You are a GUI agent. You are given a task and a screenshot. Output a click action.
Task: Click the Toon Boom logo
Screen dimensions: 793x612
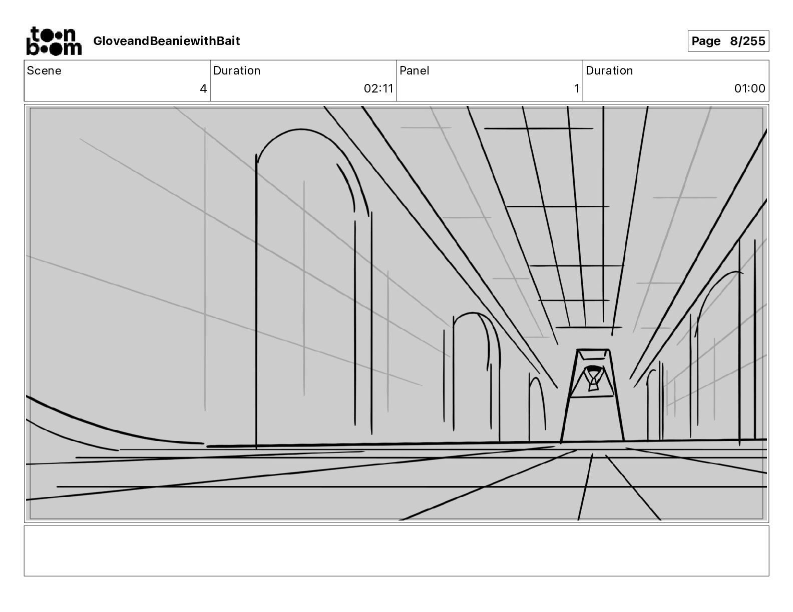click(54, 41)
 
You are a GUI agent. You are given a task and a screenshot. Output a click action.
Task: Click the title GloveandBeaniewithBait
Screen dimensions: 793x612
click(166, 41)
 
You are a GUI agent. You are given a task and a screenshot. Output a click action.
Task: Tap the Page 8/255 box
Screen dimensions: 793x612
click(728, 41)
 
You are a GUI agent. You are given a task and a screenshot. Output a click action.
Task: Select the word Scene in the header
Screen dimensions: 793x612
click(44, 70)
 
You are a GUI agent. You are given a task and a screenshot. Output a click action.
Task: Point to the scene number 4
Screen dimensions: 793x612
click(203, 89)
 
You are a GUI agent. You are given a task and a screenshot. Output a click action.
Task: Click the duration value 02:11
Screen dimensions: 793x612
click(378, 89)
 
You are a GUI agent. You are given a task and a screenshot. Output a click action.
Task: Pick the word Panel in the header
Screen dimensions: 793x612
click(414, 70)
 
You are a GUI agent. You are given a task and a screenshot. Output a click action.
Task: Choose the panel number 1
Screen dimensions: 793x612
click(576, 89)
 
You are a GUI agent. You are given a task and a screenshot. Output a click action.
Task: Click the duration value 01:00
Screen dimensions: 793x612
click(749, 89)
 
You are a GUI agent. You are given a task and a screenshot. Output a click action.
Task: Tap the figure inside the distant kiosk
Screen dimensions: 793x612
click(593, 378)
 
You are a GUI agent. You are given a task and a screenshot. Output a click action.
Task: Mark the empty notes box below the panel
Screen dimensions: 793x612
click(396, 550)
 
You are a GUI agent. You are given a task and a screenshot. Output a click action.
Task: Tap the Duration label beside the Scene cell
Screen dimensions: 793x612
click(237, 70)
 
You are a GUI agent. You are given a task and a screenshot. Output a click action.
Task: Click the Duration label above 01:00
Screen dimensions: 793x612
click(609, 70)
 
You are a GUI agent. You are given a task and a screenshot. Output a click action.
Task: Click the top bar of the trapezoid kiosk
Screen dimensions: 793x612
click(593, 349)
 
